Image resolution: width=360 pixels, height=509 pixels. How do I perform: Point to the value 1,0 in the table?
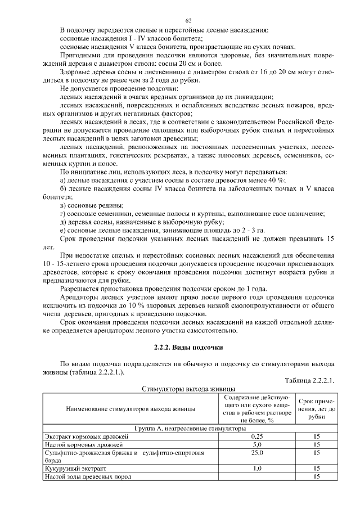257,468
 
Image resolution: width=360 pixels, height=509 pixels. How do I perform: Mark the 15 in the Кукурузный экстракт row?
317,468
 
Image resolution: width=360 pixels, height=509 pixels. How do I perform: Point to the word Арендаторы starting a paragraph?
80,298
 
